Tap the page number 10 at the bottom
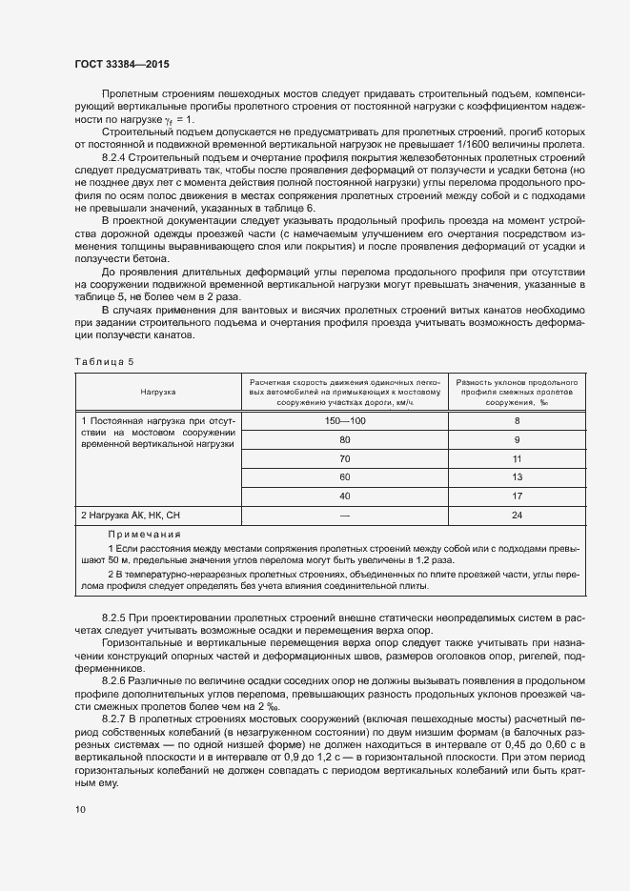tap(81, 809)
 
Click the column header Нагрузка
tap(158, 391)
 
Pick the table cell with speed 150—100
tap(344, 420)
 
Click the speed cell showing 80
tap(344, 439)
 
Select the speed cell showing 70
tap(344, 458)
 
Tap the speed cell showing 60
tap(344, 476)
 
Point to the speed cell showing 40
tap(344, 496)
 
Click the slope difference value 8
tap(517, 420)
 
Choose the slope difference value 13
tap(517, 476)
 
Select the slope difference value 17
tap(517, 496)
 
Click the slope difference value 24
tap(517, 516)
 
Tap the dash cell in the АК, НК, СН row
tap(344, 516)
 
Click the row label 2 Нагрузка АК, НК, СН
tap(131, 516)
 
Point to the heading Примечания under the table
tap(144, 535)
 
